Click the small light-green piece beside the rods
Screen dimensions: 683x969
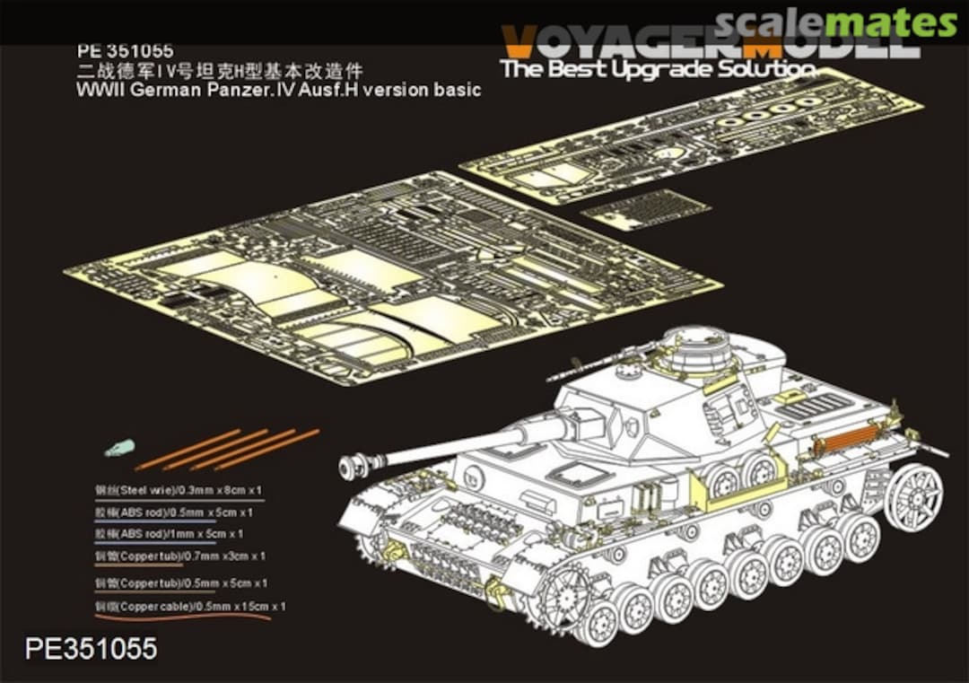(117, 449)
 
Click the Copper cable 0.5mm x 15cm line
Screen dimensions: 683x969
(190, 607)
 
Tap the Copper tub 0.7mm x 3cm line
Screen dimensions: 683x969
(180, 556)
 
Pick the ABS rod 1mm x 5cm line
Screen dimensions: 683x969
(169, 534)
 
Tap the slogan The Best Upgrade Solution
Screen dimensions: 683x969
(658, 69)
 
